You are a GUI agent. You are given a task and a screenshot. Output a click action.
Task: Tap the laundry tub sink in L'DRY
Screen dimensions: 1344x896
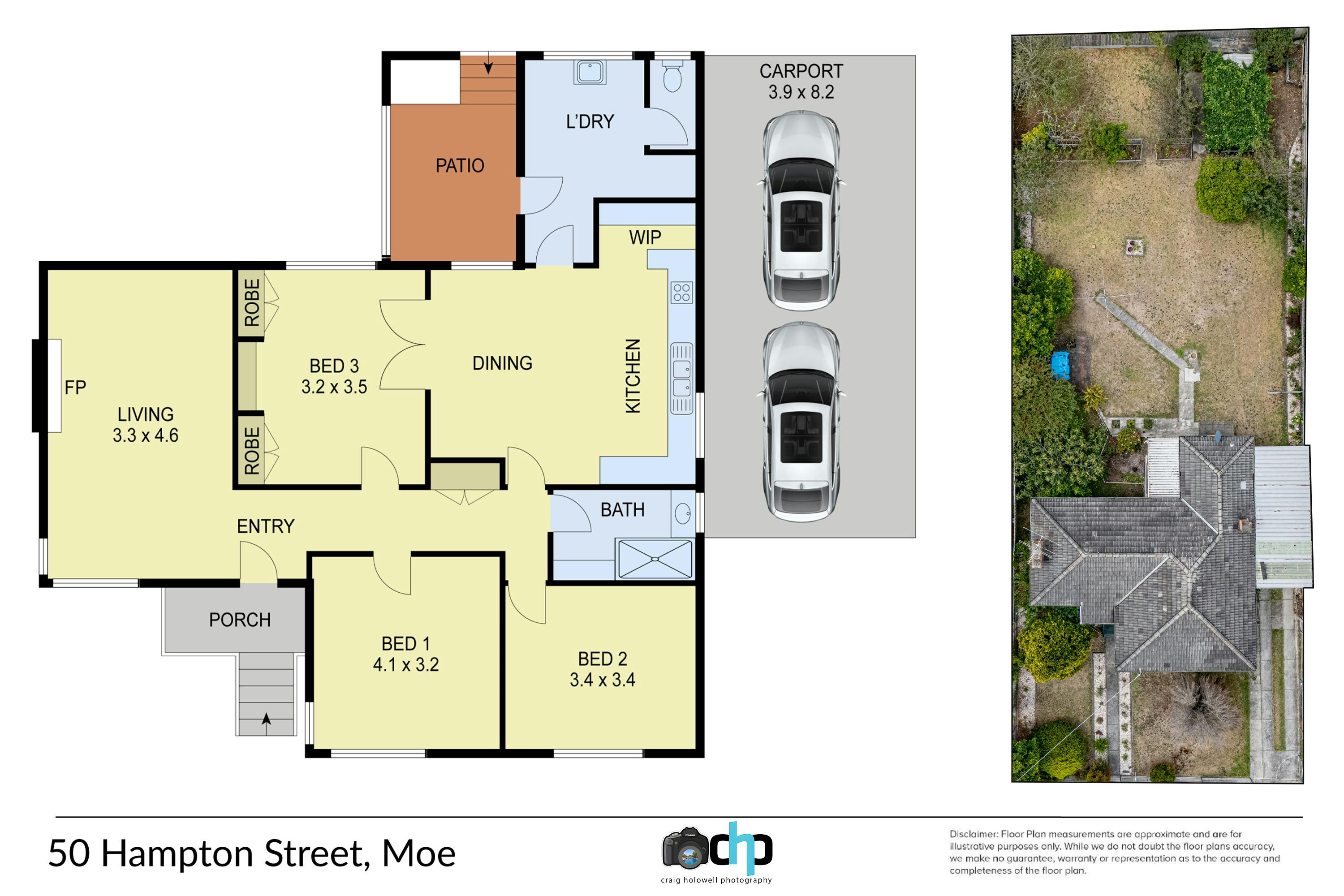[x=590, y=73]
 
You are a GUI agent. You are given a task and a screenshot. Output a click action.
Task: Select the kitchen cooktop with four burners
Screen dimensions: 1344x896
[x=682, y=293]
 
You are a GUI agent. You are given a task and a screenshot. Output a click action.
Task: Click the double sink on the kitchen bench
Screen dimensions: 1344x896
[x=682, y=378]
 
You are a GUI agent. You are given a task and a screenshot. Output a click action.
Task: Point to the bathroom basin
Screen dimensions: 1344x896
[x=683, y=513]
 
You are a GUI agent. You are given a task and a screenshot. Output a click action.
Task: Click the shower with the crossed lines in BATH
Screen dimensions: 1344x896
[x=655, y=558]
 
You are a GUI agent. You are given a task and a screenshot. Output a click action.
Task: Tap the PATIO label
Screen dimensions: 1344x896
[x=460, y=166]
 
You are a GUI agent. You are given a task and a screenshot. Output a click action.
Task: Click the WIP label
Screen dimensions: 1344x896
[x=645, y=237]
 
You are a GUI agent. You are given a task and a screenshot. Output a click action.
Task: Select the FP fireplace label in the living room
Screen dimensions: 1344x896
[x=75, y=388]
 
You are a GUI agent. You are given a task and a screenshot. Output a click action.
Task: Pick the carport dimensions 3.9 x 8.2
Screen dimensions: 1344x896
[x=801, y=92]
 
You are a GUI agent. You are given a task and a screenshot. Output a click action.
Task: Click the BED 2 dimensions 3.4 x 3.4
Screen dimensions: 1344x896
[x=602, y=680]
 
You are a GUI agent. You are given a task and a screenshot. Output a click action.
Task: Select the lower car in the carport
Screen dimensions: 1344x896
[x=801, y=422]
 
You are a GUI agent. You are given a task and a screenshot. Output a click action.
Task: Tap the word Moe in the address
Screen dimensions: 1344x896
[x=419, y=854]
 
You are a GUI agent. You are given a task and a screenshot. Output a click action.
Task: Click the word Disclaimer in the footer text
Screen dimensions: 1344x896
[x=973, y=834]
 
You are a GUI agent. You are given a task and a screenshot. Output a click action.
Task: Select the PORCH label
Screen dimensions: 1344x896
[x=240, y=620]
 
